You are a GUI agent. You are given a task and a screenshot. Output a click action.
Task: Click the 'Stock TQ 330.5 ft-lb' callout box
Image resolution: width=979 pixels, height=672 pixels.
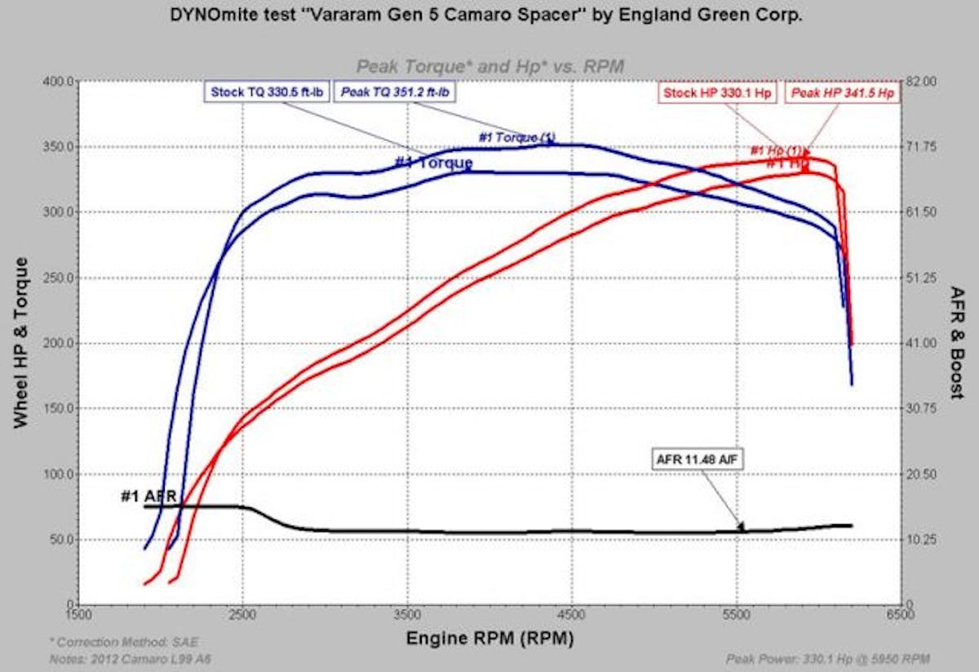(266, 92)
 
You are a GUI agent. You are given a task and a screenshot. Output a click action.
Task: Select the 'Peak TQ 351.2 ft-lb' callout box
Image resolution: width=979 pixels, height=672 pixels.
(396, 92)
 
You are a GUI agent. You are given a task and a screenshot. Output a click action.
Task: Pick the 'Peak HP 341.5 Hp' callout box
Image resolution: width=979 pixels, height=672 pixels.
(842, 93)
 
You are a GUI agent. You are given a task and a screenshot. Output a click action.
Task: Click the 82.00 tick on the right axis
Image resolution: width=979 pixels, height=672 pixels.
(919, 82)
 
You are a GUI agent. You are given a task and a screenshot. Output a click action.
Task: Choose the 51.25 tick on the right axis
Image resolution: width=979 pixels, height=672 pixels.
(919, 278)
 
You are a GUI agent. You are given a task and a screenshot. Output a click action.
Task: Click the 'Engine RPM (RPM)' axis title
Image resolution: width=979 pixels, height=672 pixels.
(489, 637)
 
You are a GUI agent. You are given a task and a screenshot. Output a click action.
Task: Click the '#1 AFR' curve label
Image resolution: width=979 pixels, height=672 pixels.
(148, 496)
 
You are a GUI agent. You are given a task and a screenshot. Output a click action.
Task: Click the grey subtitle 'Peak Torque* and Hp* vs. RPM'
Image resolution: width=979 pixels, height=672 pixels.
(489, 66)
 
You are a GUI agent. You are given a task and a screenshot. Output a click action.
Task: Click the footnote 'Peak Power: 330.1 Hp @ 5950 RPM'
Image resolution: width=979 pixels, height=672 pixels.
(826, 658)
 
